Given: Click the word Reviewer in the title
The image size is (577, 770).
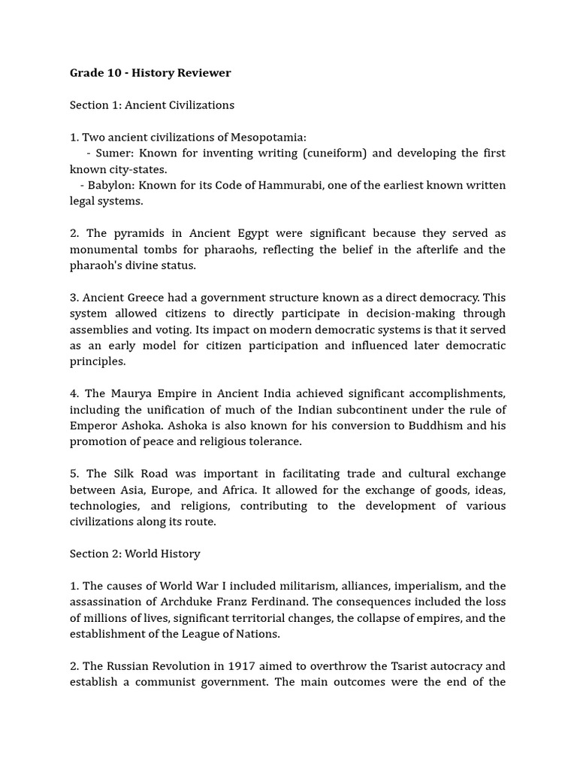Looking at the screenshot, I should (x=204, y=73).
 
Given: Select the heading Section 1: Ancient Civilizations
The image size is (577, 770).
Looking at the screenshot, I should (x=152, y=105).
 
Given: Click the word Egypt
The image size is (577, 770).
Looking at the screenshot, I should (x=244, y=233).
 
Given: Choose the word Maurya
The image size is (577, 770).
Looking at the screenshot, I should (x=132, y=393).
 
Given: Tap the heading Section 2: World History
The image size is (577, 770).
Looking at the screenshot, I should (x=135, y=553).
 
